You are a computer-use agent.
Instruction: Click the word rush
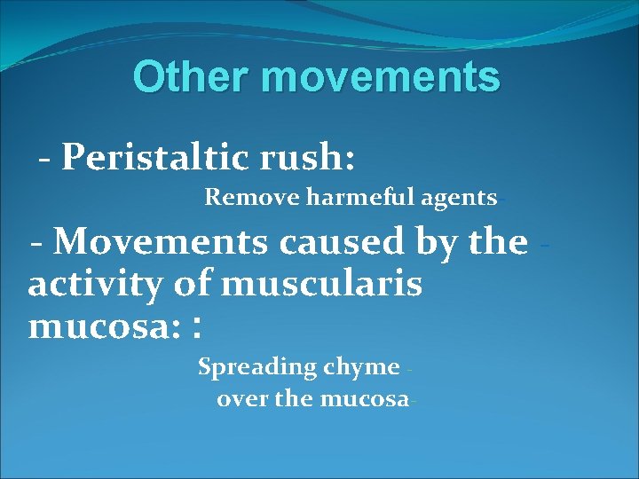[x=319, y=158]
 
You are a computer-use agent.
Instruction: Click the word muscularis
[x=321, y=286]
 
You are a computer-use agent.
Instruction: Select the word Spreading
[x=256, y=366]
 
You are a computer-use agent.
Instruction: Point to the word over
[x=242, y=399]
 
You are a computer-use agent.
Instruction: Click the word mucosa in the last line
[x=361, y=399]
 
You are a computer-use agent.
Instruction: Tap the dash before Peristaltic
[x=44, y=160]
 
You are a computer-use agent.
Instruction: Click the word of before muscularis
[x=201, y=286]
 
